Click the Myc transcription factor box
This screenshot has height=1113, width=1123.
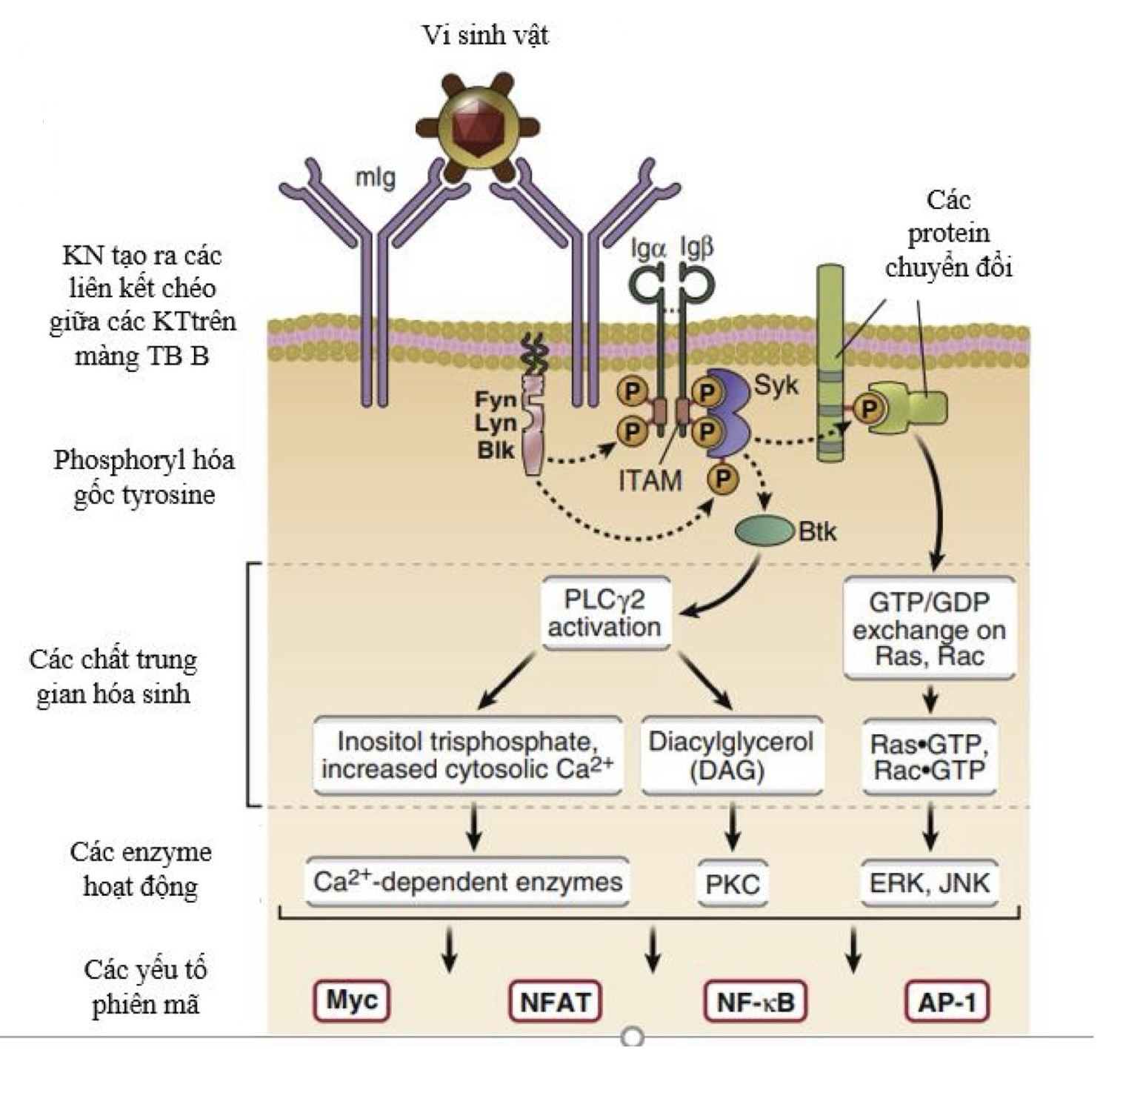tap(352, 1001)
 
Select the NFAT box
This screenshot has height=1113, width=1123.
tap(555, 1002)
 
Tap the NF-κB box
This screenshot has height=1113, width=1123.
tap(755, 1002)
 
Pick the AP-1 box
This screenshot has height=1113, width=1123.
tap(947, 1002)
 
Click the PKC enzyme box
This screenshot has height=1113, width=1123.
tap(732, 883)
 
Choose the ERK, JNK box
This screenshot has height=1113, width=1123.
tap(930, 883)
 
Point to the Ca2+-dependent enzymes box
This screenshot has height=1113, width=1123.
tap(467, 882)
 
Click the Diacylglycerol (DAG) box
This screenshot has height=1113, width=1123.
tap(731, 755)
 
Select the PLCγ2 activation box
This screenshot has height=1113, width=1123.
tap(604, 613)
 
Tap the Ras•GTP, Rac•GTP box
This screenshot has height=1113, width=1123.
tap(930, 756)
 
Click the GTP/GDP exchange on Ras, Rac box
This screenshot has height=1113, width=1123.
tap(929, 628)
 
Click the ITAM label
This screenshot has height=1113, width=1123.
tap(650, 481)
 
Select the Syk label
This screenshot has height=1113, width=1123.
tap(776, 385)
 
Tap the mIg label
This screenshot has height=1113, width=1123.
tap(376, 178)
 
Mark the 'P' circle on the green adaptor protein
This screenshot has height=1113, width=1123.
tap(868, 408)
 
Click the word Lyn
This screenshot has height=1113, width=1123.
tap(496, 425)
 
